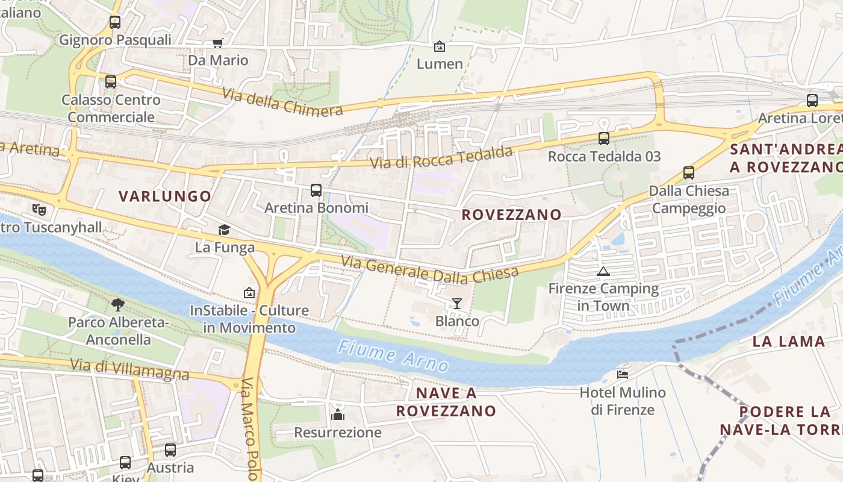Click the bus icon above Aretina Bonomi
coord(316,190)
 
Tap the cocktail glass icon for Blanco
coord(457,303)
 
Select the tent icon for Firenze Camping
coord(603,271)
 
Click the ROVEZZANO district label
coord(511,214)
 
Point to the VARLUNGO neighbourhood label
coord(165,196)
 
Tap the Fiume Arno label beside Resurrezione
coord(393,356)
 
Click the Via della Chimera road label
coord(282,101)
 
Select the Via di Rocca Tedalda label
coord(441,158)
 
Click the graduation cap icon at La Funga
coord(224,230)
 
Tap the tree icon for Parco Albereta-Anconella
coord(118,304)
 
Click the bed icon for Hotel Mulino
coord(623,375)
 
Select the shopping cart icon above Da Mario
coord(217,43)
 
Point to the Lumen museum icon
coord(440,46)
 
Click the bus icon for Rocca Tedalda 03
coord(604,139)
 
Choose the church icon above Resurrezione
coord(338,415)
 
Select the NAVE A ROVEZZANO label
coord(446,402)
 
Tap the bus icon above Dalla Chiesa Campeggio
coord(689,173)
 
